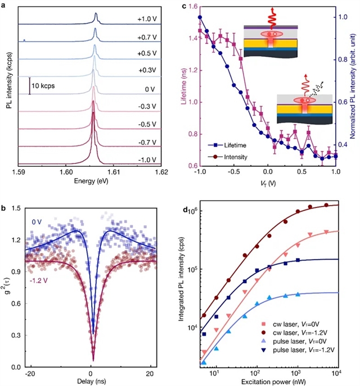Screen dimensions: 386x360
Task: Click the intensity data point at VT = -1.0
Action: tap(200, 17)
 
